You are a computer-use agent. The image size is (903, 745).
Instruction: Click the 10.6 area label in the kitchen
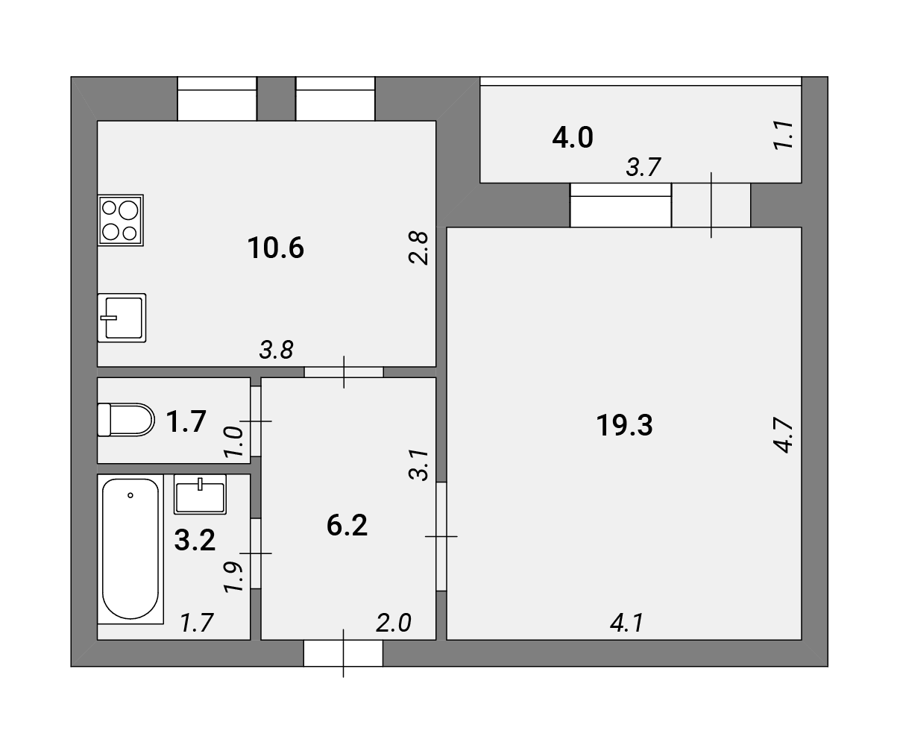point(275,248)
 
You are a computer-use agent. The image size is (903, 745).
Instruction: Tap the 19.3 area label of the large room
point(624,425)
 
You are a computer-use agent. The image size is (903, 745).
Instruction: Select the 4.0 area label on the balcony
point(573,137)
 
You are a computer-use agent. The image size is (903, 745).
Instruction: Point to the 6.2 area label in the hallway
point(347,525)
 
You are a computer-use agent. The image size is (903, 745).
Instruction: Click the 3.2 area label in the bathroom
point(195,540)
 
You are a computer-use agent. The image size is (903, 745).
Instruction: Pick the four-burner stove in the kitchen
point(121,220)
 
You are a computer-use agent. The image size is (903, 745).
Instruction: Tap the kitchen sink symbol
point(122,318)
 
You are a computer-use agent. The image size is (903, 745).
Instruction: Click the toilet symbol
point(126,420)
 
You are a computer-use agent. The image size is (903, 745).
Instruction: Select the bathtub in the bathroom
point(130,549)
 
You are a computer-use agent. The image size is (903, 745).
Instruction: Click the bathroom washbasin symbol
point(201,494)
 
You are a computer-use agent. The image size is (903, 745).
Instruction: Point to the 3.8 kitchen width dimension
point(277,350)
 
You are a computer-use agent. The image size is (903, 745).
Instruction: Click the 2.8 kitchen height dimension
point(418,248)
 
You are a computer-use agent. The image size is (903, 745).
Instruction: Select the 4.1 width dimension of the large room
point(627,623)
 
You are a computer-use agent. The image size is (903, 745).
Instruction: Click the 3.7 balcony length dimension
point(644,167)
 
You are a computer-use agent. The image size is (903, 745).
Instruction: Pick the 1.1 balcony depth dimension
point(783,136)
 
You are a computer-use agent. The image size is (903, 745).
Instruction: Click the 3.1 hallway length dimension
point(418,465)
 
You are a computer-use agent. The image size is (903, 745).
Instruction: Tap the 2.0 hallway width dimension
point(393,623)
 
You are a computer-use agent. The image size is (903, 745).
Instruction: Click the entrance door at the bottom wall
point(344,653)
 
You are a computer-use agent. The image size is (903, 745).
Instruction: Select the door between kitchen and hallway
point(344,372)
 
